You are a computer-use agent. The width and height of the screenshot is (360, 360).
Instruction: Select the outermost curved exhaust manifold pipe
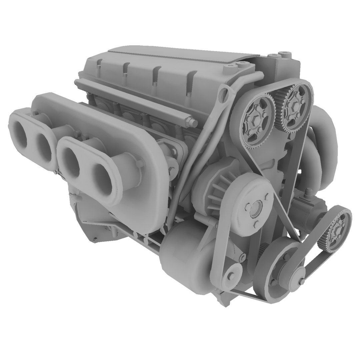point(328,133)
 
